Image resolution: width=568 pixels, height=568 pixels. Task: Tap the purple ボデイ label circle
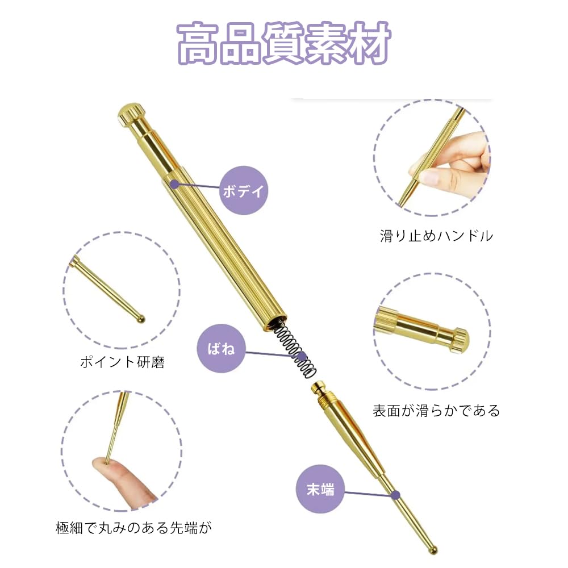243,190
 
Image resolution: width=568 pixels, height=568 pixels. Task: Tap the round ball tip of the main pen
433,549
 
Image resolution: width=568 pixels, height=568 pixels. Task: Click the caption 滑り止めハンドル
436,236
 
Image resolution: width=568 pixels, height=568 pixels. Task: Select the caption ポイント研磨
122,362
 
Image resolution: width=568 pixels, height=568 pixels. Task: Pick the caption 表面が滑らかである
436,410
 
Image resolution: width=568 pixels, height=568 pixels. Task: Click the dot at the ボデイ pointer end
174,183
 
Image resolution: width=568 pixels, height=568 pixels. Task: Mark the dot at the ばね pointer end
302,357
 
